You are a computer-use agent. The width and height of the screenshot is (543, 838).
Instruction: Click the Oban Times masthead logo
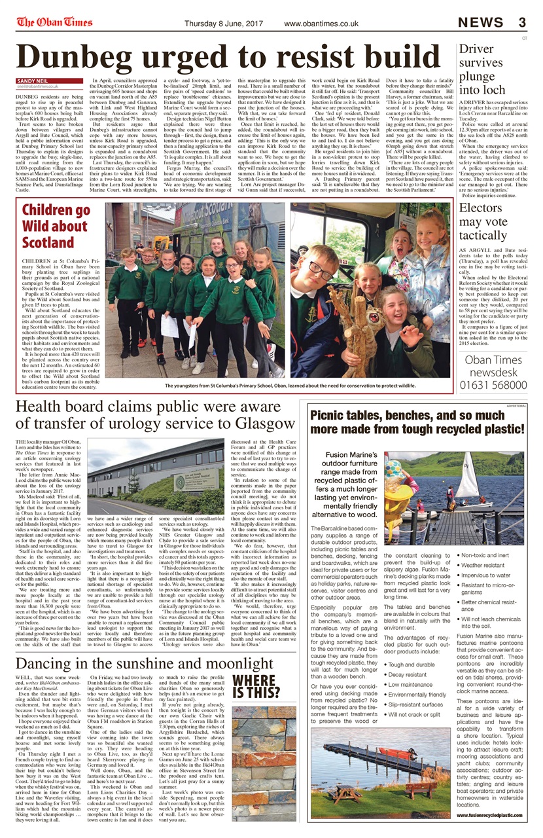pos(56,22)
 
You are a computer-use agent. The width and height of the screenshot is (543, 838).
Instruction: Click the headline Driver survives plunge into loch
pos(485,69)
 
